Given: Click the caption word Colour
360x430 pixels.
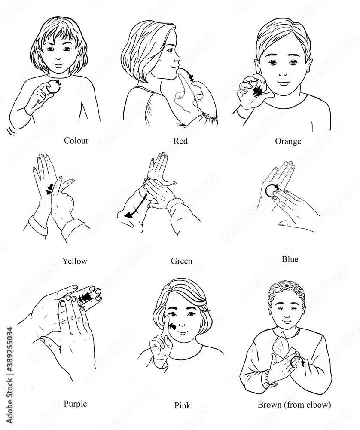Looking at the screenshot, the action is pos(76,141).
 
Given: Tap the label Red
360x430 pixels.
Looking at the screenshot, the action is pos(180,141).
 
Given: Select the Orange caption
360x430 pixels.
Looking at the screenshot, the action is pos(288,141).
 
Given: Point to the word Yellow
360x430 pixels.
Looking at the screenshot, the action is pos(75,261).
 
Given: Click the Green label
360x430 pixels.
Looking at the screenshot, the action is pos(181,261).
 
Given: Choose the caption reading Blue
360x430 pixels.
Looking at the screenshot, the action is pos(290,259).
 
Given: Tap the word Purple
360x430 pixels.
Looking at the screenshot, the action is pos(75,404).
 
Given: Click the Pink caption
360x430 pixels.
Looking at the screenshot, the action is pos(182,405).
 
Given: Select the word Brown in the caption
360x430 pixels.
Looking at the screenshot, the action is pos(270,405).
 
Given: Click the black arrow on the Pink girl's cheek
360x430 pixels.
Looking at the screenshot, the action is pos(173,326).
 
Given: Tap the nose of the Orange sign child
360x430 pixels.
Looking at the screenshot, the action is pos(283,73).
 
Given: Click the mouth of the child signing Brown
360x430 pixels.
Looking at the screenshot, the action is pos(287,321).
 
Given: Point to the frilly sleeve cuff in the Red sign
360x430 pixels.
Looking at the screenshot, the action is pos(210,119).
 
